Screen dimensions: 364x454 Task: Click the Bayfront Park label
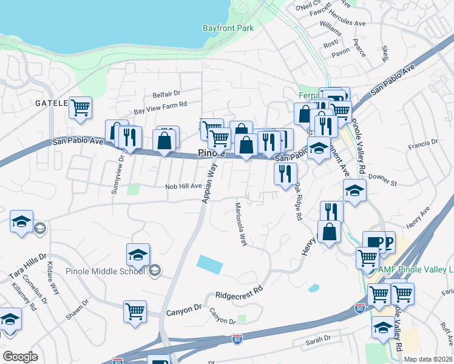coord(228,28)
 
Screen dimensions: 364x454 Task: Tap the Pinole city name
coord(212,153)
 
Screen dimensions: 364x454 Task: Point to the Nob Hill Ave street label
coord(183,187)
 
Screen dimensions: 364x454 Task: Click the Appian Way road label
coord(210,183)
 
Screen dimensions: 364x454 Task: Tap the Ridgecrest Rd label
coord(242,292)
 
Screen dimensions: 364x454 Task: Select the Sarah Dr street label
coord(318,339)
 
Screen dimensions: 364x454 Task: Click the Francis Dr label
coord(423,143)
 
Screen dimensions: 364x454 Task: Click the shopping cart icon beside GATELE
coord(80,108)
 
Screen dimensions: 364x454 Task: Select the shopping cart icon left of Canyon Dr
coord(135,311)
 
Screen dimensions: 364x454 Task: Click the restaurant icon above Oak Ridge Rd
coord(285,174)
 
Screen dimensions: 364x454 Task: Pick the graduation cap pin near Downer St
coord(354,190)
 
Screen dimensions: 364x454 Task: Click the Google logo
coord(20,357)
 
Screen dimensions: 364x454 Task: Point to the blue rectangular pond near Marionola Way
coord(209,265)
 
